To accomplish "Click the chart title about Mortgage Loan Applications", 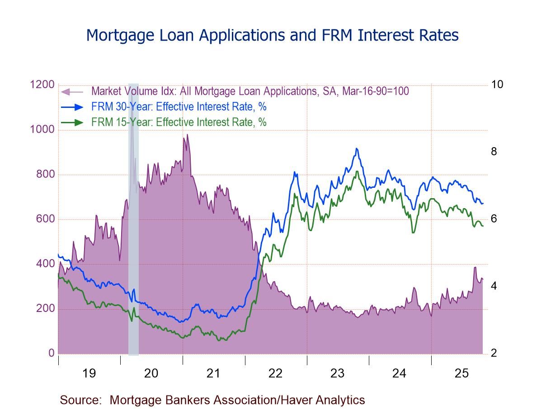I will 272,35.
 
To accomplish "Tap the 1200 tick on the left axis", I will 42,84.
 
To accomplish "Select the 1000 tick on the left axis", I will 42,130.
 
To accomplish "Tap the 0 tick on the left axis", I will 51,353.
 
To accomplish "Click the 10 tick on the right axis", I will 497,84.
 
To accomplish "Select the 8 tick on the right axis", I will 494,152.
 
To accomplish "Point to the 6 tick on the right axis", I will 494,219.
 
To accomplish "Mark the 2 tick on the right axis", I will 494,353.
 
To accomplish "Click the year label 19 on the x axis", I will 89,373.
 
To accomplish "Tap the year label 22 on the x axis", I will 275,373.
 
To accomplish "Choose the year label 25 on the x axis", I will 462,373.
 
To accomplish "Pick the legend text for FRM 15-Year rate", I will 179,122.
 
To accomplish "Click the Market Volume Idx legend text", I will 250,91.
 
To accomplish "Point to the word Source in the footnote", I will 80,400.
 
